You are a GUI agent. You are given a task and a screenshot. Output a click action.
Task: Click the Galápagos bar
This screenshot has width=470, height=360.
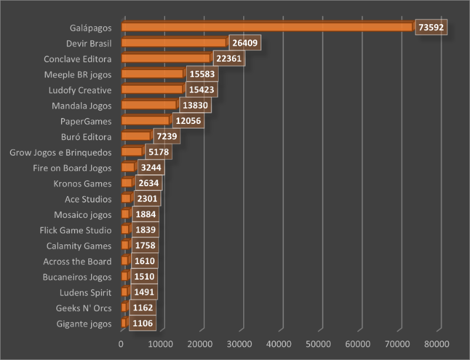pyautogui.click(x=267, y=27)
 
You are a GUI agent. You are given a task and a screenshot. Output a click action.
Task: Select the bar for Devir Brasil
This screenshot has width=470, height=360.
pyautogui.click(x=174, y=43)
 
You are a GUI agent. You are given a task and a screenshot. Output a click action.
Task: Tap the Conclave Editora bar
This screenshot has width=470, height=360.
pyautogui.click(x=166, y=58)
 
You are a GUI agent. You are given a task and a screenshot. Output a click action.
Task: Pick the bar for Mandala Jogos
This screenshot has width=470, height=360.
pyautogui.click(x=149, y=105)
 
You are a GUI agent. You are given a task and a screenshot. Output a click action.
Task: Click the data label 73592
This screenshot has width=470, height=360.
pyautogui.click(x=431, y=27)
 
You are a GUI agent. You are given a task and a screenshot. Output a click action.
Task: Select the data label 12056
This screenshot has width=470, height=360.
pyautogui.click(x=188, y=120)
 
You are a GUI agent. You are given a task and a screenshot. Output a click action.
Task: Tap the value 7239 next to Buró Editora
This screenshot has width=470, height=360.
pyautogui.click(x=166, y=136)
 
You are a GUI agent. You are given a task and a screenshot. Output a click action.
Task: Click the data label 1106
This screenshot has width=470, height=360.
pyautogui.click(x=143, y=323)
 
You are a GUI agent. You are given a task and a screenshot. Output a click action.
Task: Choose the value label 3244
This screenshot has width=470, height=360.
pyautogui.click(x=150, y=167)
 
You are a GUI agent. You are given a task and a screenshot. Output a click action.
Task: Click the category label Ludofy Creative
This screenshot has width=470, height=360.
pyautogui.click(x=80, y=90)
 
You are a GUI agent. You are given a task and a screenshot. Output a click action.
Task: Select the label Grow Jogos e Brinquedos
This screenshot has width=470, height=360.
pyautogui.click(x=61, y=152)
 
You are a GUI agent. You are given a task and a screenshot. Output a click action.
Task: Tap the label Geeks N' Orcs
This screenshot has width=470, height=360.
pyautogui.click(x=83, y=308)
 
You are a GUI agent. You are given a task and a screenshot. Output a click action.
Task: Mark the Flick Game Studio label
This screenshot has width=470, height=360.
pyautogui.click(x=76, y=230)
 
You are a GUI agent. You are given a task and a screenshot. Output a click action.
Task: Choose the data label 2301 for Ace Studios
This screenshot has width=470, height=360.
pyautogui.click(x=147, y=198)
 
